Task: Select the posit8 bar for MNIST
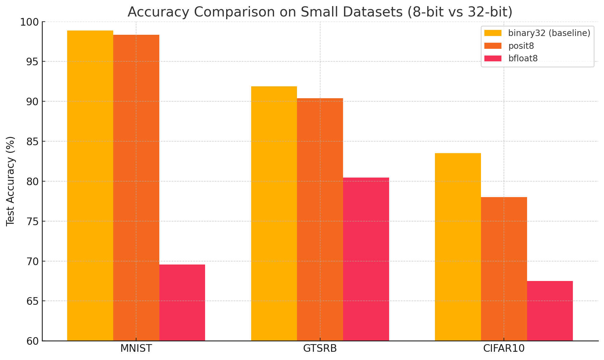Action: point(136,188)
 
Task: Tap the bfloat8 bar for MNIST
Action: point(182,302)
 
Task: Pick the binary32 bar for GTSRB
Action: point(274,214)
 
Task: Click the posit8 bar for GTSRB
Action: point(320,219)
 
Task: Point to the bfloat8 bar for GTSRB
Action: point(366,259)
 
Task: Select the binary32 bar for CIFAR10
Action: point(458,247)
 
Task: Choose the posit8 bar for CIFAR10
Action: point(504,269)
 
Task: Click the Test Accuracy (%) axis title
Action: point(10,181)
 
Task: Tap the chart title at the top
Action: point(320,12)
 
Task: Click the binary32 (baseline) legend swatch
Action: point(493,33)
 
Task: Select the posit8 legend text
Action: point(521,46)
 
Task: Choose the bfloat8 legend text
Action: point(523,58)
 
